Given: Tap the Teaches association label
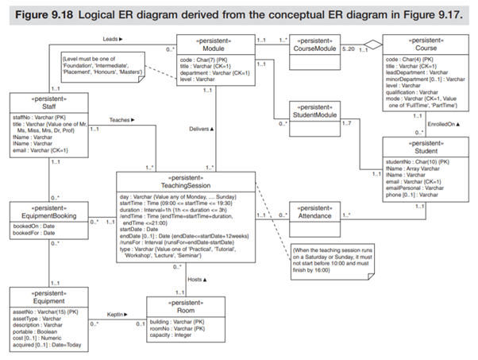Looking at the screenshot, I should click(119, 120).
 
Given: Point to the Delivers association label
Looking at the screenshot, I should click(202, 128).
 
